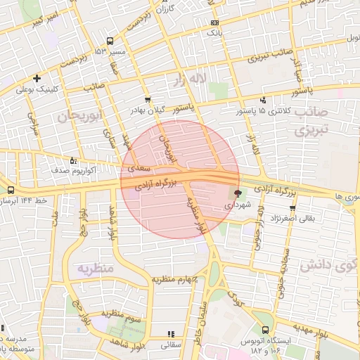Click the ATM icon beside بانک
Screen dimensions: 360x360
214,22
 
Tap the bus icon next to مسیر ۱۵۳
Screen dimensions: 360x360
109,41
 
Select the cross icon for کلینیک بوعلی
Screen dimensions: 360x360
37,79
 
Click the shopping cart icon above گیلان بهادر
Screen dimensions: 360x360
147,99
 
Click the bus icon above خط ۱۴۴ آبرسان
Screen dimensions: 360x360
11,190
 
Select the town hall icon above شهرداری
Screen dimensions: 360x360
236,193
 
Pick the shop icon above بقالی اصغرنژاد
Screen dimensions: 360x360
292,208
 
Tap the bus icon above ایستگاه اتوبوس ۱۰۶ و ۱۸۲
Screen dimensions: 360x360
265,330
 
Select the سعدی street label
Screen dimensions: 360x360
139,169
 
